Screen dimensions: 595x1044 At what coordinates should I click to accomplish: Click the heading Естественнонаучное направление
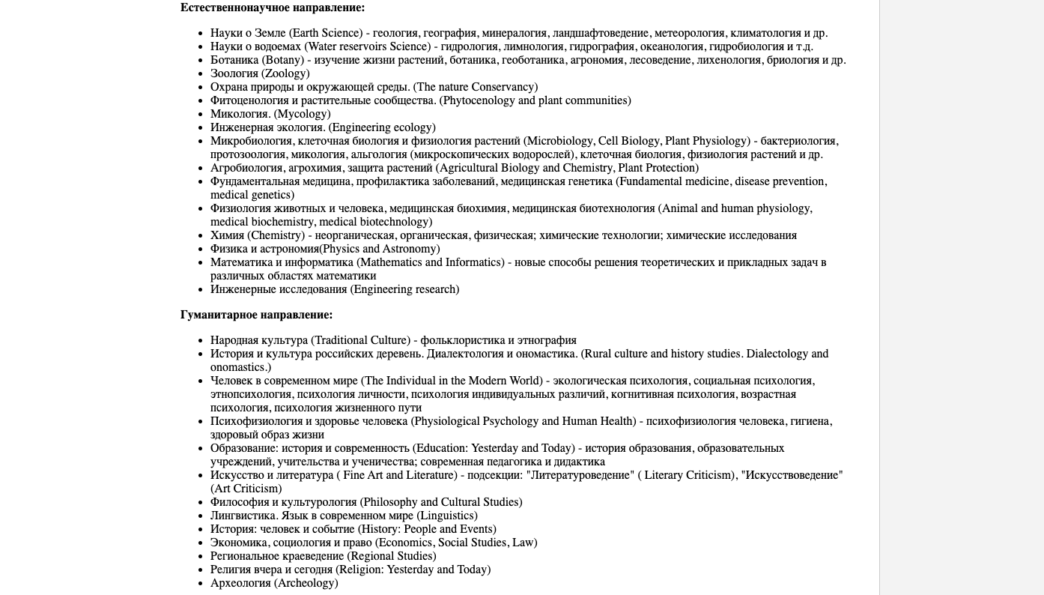click(x=273, y=7)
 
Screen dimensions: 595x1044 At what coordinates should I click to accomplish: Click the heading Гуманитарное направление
click(x=256, y=315)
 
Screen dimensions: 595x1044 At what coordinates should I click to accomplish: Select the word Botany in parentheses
click(x=283, y=60)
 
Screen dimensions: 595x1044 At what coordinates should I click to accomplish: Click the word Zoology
click(x=285, y=73)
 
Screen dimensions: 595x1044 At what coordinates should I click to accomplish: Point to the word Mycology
click(x=302, y=114)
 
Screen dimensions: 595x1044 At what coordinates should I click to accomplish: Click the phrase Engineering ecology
click(x=382, y=127)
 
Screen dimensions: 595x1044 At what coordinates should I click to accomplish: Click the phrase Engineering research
click(x=405, y=289)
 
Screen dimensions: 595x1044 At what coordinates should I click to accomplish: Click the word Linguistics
click(x=447, y=516)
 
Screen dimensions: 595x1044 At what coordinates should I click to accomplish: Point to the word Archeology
click(x=306, y=583)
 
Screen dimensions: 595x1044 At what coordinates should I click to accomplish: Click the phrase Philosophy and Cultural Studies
click(x=441, y=502)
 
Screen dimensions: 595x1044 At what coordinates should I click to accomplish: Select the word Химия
click(x=227, y=235)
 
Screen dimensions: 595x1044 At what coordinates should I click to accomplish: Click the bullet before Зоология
click(x=199, y=73)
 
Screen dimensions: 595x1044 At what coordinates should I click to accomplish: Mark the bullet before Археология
click(x=199, y=583)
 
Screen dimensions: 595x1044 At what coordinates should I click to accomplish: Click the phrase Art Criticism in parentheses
click(x=246, y=489)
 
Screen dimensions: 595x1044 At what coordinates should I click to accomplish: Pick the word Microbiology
click(x=560, y=141)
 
